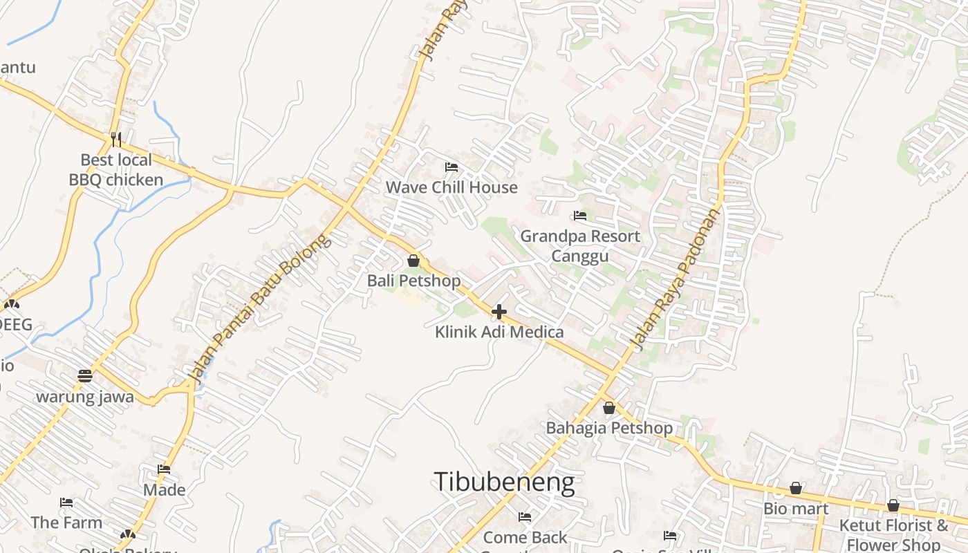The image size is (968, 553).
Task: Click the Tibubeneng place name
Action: (x=504, y=482)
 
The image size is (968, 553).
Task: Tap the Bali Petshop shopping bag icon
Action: (x=413, y=261)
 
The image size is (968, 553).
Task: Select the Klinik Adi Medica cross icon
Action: (x=499, y=312)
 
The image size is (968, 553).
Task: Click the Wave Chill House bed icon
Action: (x=452, y=167)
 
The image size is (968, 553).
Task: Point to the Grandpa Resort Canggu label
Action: (x=580, y=246)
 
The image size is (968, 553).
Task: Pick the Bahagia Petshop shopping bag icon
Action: (x=609, y=408)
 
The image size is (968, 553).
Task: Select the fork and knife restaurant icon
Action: (x=116, y=140)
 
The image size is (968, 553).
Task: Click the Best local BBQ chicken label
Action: (x=116, y=170)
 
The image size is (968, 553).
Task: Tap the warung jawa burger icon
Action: (x=85, y=376)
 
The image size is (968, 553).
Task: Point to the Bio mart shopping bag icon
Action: (x=797, y=489)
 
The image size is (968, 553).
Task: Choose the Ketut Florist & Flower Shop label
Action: (x=893, y=534)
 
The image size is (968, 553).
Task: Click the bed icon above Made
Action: (x=164, y=469)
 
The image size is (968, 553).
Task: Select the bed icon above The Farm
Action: (x=66, y=503)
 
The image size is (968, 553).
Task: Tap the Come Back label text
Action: (x=525, y=537)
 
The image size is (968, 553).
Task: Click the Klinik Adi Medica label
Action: (x=499, y=332)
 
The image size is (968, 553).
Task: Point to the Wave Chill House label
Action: (x=452, y=187)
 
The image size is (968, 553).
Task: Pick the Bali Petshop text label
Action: (x=413, y=281)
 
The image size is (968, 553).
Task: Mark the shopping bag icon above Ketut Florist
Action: (x=893, y=505)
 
